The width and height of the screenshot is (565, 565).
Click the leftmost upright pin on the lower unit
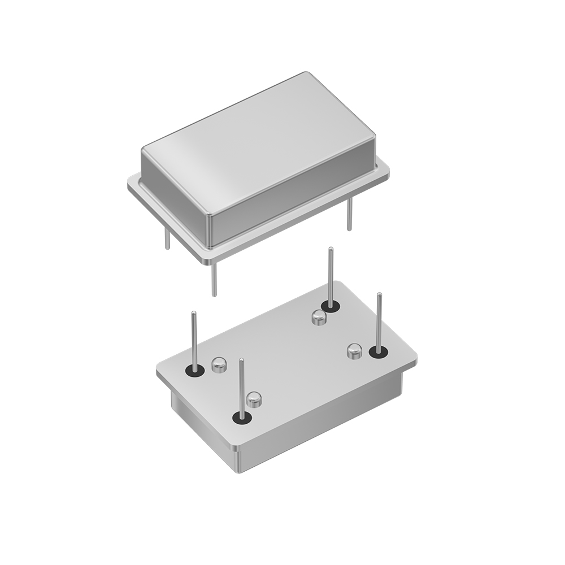pos(194,339)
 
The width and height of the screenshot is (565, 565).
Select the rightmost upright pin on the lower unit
pos(379,322)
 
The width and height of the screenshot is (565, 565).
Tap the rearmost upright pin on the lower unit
pos(331,277)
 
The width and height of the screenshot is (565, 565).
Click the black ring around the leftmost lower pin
pos(194,371)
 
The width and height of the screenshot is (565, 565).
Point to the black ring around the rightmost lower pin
pos(378,353)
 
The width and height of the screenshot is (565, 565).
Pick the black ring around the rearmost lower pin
pos(331,307)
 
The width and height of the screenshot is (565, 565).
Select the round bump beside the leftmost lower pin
pos(219,364)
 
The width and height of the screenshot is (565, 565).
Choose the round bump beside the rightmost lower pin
pos(354,351)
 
